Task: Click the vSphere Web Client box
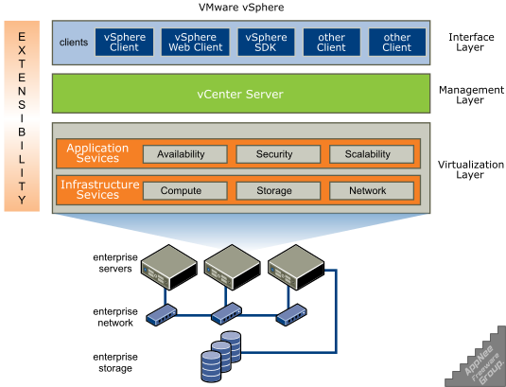195,43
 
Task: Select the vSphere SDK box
266,43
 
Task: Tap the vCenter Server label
240,95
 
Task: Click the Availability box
185,154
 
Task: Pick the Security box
278,154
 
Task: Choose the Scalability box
372,154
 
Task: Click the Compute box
185,191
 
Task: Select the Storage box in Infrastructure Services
278,191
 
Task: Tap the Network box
372,191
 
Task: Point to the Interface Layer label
471,43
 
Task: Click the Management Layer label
471,95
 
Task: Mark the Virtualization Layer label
471,169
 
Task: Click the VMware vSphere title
241,8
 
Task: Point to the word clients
74,43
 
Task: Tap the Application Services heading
97,153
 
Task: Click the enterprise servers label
115,263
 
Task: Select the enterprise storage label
115,362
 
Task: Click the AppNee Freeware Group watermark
484,365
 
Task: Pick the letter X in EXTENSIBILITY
22,50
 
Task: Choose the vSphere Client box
124,43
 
